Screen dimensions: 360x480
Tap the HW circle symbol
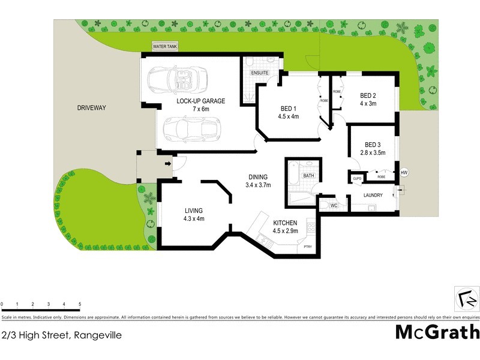pos(404,173)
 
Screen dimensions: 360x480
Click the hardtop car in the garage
pos(191,127)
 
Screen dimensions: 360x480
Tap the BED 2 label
pos(368,95)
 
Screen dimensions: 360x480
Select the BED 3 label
pos(373,145)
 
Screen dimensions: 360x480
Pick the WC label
pos(334,206)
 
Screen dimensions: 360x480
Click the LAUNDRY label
pos(373,195)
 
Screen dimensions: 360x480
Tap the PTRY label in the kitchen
pos(307,247)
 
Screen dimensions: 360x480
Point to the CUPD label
pos(356,178)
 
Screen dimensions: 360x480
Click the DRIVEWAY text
pos(91,108)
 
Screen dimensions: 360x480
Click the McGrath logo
pos(437,332)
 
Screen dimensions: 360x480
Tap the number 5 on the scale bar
pos(80,305)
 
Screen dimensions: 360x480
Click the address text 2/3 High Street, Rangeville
pos(61,335)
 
